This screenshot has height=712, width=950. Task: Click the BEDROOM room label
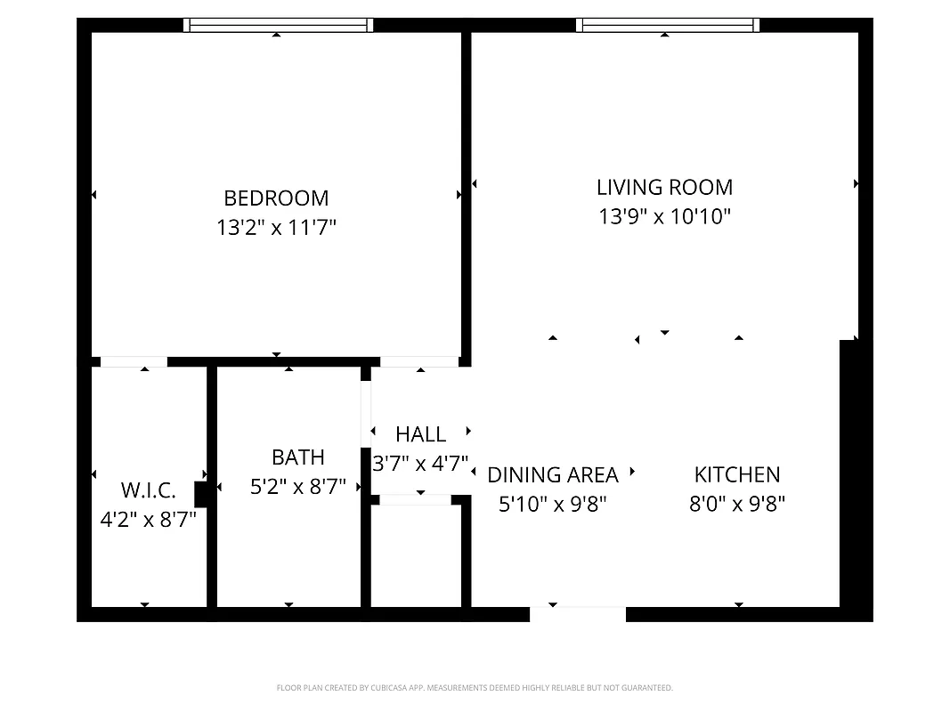tap(276, 198)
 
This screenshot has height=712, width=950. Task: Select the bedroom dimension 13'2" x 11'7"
tap(276, 228)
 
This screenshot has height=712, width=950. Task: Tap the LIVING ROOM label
tap(664, 187)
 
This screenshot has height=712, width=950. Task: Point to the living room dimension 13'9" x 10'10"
tap(664, 216)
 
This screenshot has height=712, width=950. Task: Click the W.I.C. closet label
tap(148, 489)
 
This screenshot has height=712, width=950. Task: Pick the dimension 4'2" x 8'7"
tap(148, 518)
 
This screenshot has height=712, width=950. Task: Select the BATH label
tap(297, 457)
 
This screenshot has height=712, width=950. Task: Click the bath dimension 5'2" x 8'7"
tap(297, 486)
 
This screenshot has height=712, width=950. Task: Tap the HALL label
tap(420, 434)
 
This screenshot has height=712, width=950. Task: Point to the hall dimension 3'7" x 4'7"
tap(420, 463)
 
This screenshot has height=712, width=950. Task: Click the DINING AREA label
tap(552, 475)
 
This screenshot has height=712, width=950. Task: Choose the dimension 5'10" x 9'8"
tap(552, 505)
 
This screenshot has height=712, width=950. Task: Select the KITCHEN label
tap(736, 474)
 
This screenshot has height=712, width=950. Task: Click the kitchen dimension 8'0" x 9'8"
tap(736, 505)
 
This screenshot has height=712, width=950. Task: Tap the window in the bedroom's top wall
tap(278, 25)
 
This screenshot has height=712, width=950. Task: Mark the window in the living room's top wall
tap(668, 25)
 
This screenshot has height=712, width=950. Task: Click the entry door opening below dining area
tap(578, 613)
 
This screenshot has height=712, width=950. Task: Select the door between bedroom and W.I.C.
tap(134, 361)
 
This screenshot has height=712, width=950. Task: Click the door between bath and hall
tap(365, 413)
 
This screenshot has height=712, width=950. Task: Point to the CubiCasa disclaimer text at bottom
tap(475, 688)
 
